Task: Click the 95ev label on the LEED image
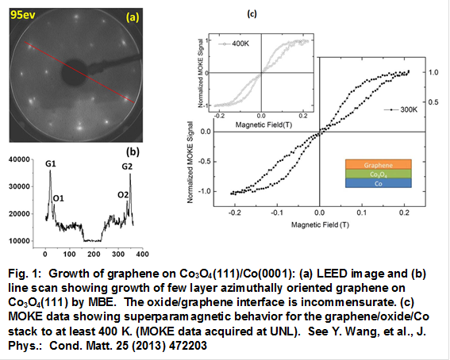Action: tap(25, 14)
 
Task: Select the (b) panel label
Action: tap(134, 149)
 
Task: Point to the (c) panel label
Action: tap(253, 13)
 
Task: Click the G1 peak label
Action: tap(50, 163)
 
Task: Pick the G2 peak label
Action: tap(126, 167)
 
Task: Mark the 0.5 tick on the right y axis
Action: tap(433, 102)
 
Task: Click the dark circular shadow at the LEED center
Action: tap(79, 79)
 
